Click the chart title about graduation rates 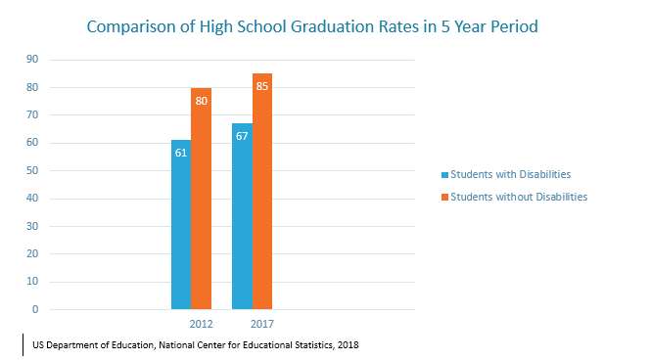click(312, 26)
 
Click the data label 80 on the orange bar click(201, 100)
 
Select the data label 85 click(262, 86)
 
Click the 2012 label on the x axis click(200, 324)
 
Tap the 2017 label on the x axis click(261, 324)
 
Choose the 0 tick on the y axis click(34, 310)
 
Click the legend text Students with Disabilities click(510, 174)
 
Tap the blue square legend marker click(443, 174)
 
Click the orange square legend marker click(443, 197)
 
